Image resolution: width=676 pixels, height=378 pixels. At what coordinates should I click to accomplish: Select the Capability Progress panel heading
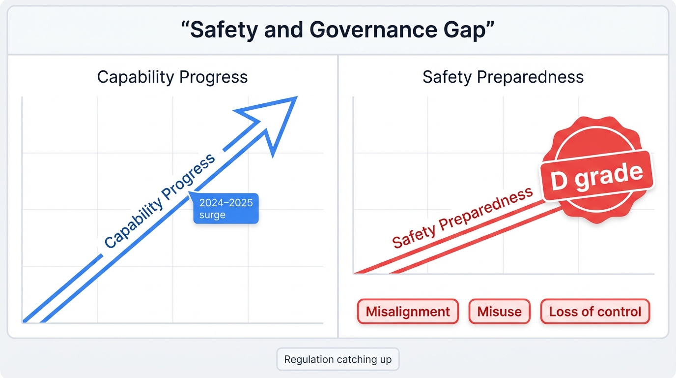(172, 77)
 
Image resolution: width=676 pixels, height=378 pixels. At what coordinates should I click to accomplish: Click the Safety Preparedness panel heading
(503, 77)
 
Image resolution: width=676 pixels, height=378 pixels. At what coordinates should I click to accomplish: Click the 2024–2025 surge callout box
(226, 209)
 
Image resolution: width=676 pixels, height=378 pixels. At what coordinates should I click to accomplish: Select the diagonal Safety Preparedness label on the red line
(462, 218)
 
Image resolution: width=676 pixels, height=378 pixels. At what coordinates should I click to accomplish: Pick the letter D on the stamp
(559, 181)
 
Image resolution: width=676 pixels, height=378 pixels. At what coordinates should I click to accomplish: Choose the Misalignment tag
(408, 312)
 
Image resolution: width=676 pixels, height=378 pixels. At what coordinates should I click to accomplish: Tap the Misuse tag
(499, 312)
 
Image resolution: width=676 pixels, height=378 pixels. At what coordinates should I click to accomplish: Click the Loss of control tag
(595, 312)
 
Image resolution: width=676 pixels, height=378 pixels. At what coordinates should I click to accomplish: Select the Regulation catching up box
(338, 359)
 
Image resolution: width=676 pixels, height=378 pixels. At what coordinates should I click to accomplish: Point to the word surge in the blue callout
(212, 215)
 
